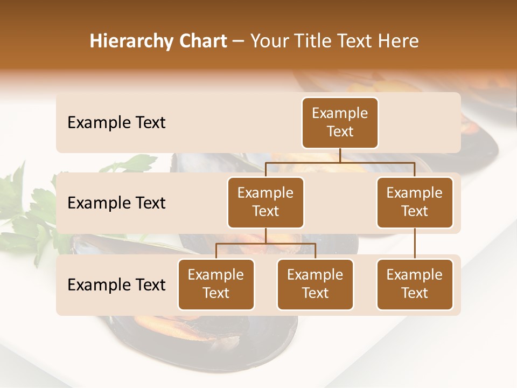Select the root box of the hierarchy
click(x=340, y=122)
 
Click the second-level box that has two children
click(x=266, y=202)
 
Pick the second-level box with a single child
click(x=415, y=202)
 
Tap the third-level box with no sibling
click(x=415, y=284)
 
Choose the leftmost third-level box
click(x=216, y=284)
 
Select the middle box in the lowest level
click(x=315, y=284)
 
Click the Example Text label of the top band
click(x=116, y=122)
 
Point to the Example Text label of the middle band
click(x=116, y=203)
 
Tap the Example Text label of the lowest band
click(x=116, y=285)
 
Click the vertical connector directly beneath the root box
click(x=340, y=155)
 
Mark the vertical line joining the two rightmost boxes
click(x=415, y=244)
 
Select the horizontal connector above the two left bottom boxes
click(x=266, y=244)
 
